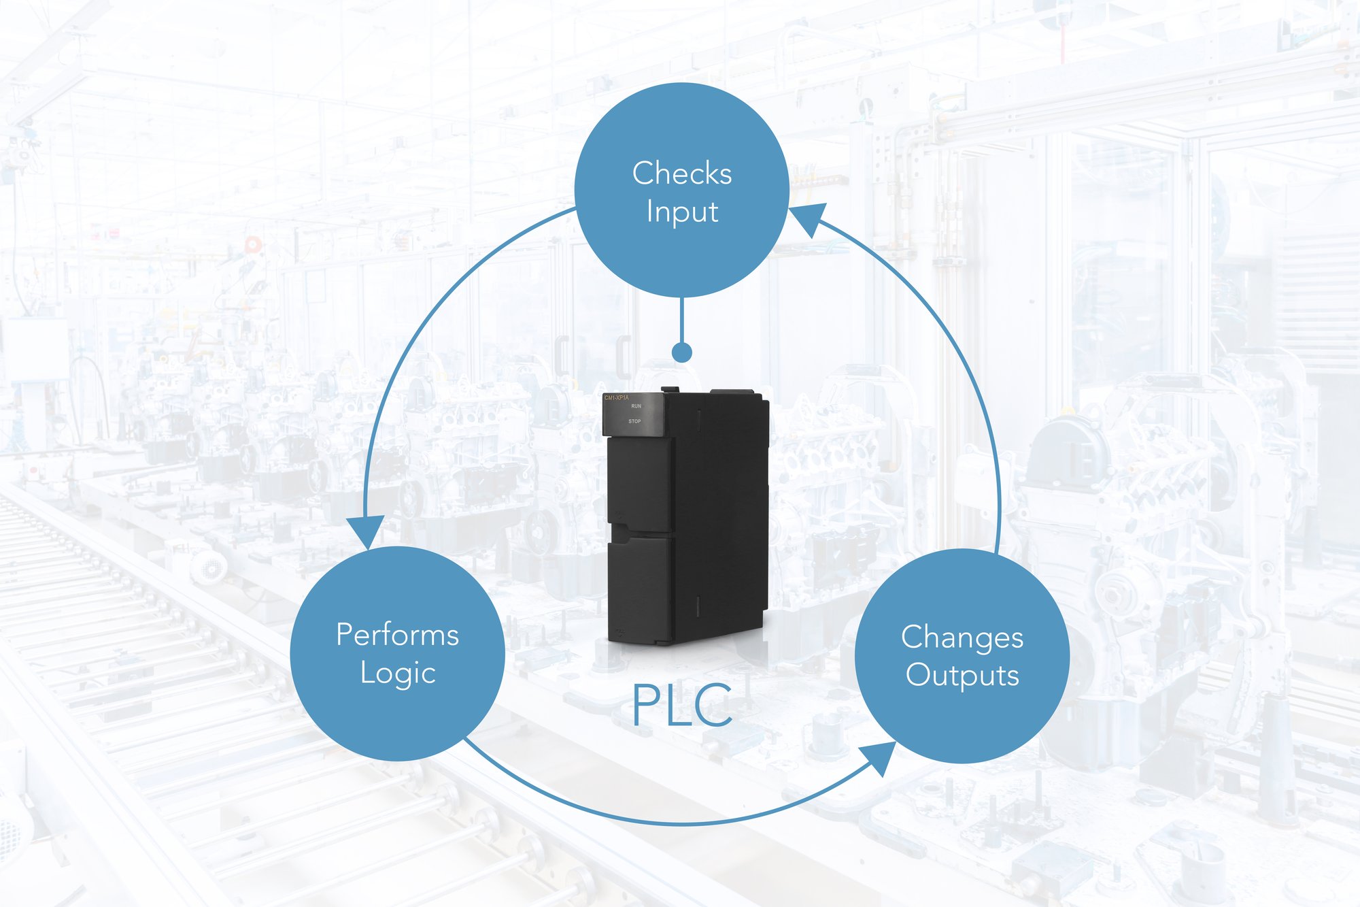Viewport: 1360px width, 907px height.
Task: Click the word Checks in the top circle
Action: click(x=681, y=173)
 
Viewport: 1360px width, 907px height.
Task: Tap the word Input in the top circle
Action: click(x=681, y=212)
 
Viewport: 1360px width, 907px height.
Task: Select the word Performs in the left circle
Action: click(x=397, y=635)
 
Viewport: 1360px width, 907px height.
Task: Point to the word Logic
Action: click(x=397, y=673)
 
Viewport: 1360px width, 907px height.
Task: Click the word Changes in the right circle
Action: click(x=962, y=638)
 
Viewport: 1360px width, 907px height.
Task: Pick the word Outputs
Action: click(x=962, y=676)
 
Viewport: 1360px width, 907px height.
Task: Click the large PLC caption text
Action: click(x=682, y=705)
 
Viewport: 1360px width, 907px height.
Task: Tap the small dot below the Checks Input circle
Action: click(x=681, y=352)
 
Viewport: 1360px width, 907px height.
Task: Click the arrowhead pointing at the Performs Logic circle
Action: click(x=366, y=531)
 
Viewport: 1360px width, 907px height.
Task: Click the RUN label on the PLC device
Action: click(x=636, y=406)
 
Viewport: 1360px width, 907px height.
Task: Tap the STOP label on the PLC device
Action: click(x=634, y=421)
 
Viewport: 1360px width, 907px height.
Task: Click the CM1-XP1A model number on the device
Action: click(x=617, y=397)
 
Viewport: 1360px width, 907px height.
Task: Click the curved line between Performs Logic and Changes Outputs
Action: click(x=680, y=823)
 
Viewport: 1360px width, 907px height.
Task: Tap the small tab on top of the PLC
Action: click(x=670, y=390)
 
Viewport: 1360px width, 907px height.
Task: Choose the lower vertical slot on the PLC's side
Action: click(x=698, y=606)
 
